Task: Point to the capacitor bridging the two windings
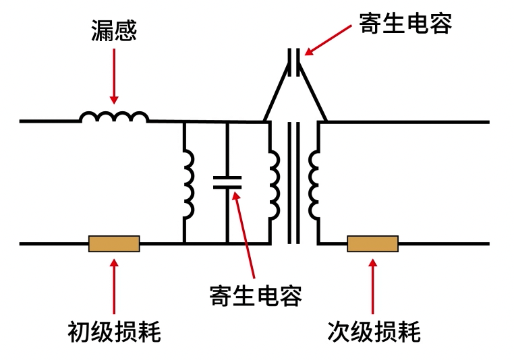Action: (x=295, y=61)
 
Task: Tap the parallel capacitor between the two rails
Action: (x=227, y=182)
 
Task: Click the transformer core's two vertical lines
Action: (x=293, y=182)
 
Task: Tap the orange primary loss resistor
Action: (x=114, y=243)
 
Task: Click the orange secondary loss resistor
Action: (x=372, y=243)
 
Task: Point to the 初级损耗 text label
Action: (x=114, y=332)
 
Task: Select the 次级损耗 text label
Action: (x=374, y=332)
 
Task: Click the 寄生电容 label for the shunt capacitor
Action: (x=256, y=295)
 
